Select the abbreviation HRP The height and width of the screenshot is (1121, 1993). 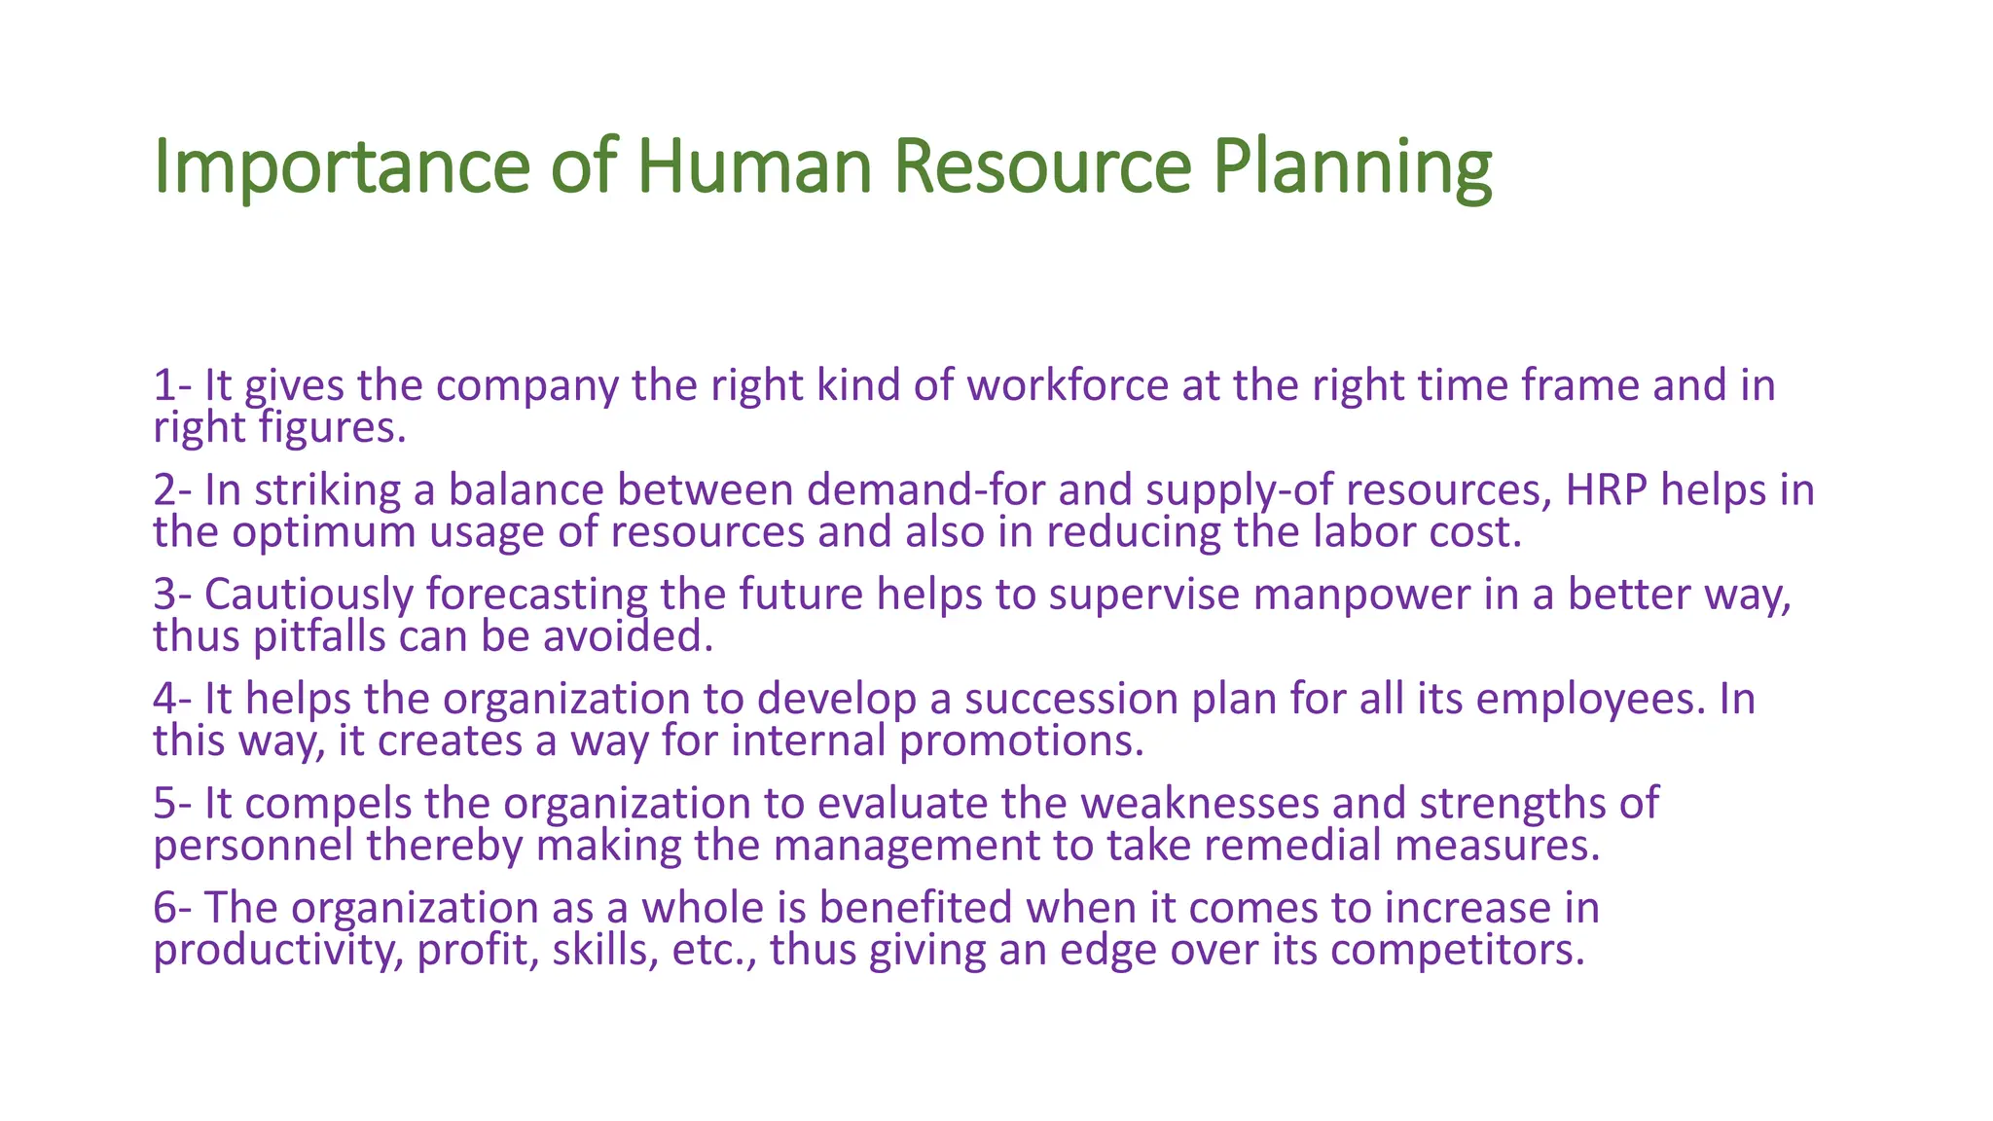point(1607,489)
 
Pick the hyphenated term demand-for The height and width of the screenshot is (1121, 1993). point(925,489)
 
